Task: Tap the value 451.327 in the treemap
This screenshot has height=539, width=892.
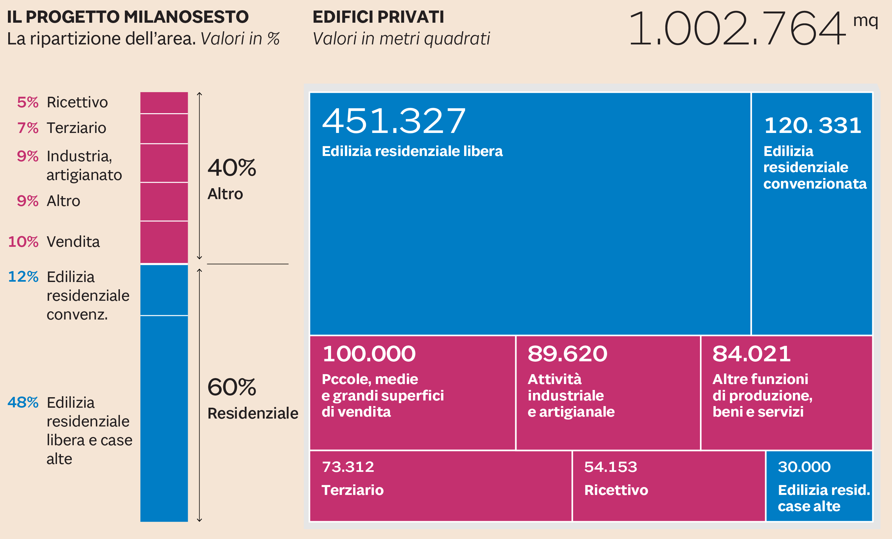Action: pos(394,121)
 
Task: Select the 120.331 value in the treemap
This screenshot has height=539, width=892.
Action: pos(812,125)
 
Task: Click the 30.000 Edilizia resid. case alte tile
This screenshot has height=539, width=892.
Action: pos(819,486)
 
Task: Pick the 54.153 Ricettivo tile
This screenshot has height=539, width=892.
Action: pos(668,486)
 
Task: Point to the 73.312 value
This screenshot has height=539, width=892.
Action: pos(348,467)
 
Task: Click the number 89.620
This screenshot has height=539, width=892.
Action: pos(567,353)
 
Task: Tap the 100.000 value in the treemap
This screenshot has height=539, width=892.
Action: pos(369,353)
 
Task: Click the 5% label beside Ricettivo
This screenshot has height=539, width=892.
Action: pos(28,102)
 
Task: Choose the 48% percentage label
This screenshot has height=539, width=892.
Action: pos(23,402)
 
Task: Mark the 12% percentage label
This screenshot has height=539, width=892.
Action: pos(23,277)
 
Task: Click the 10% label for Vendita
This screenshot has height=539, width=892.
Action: pos(23,242)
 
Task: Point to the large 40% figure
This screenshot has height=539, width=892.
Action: pos(232,167)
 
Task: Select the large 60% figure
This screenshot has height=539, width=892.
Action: pos(232,387)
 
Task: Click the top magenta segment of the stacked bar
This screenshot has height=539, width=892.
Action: pos(164,103)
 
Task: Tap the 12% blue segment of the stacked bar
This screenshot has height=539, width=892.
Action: pos(164,290)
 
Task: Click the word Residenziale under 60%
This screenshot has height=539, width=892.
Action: pos(253,413)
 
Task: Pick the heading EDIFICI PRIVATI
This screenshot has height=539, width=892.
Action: pos(378,17)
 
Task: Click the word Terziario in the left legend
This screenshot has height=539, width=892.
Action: pos(76,128)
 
